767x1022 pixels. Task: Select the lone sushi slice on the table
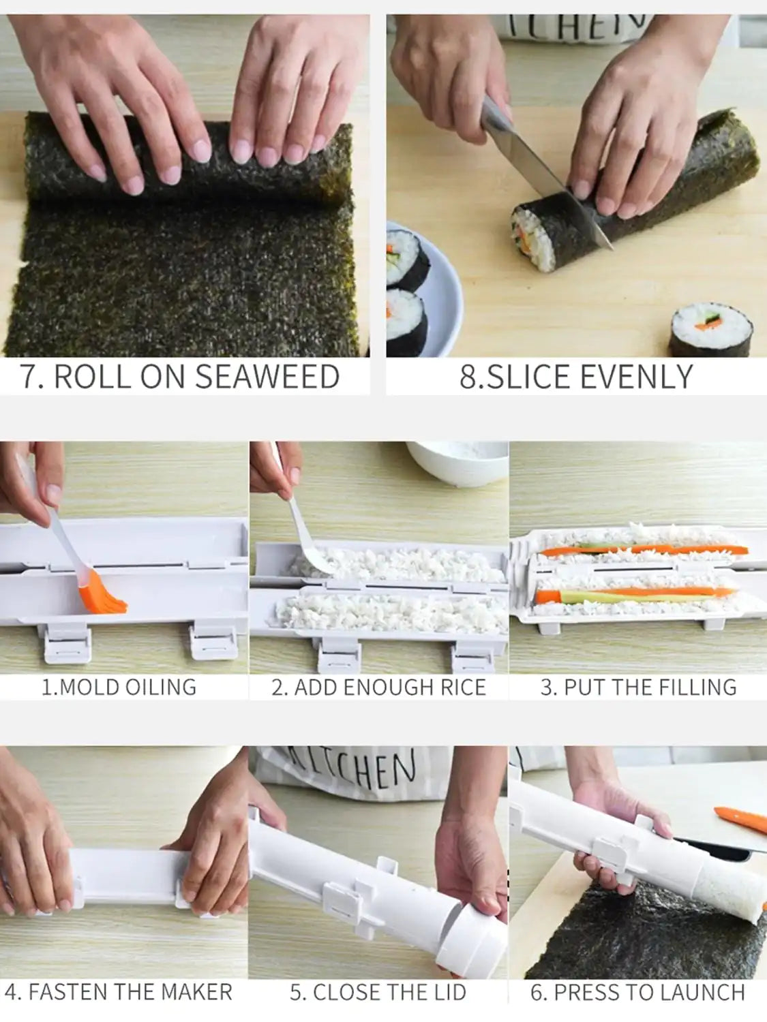click(710, 330)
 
